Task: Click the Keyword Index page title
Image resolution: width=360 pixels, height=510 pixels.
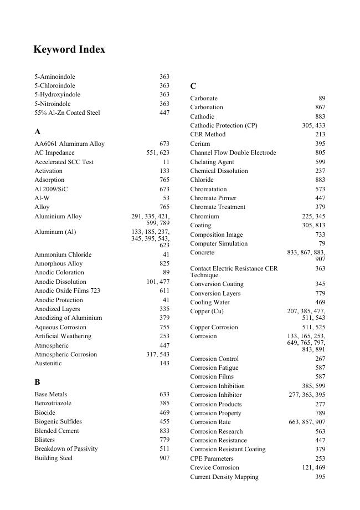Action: point(69,49)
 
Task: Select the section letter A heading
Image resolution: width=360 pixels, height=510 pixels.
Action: point(38,132)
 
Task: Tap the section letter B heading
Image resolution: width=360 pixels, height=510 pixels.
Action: point(37,382)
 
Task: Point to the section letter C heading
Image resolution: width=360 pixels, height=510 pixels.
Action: point(193,86)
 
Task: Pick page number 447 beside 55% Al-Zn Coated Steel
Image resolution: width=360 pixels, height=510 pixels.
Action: point(164,113)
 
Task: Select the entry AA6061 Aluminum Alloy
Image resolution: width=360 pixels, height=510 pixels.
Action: point(69,144)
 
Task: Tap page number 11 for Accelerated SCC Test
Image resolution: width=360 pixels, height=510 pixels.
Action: point(166,162)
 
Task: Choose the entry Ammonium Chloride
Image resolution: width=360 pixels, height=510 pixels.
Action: point(63,254)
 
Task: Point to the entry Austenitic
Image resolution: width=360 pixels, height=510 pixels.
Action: point(48,364)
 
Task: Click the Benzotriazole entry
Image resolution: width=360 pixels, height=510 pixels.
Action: point(53,404)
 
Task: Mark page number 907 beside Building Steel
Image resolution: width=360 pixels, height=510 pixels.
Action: point(164,458)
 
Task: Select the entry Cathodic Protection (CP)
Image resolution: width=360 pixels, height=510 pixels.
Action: point(224,126)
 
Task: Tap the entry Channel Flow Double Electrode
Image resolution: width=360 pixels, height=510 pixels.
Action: point(233,152)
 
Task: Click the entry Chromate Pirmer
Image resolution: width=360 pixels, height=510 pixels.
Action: point(213,198)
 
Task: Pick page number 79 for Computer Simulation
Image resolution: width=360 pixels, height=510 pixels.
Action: point(322,243)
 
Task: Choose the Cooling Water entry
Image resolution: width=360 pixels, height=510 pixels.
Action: point(210,303)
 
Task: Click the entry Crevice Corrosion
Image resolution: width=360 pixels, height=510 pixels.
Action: point(215,468)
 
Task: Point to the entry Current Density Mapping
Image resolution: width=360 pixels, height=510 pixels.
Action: point(224,477)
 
